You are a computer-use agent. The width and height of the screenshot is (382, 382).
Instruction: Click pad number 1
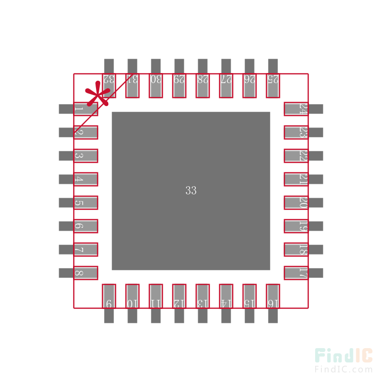click(x=85, y=109)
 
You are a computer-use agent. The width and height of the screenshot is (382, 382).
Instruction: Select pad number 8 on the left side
click(x=85, y=273)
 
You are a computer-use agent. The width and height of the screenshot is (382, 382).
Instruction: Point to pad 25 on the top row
click(x=273, y=85)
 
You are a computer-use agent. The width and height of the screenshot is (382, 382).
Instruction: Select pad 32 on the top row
click(x=109, y=85)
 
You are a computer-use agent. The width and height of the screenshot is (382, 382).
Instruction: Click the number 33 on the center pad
click(x=191, y=191)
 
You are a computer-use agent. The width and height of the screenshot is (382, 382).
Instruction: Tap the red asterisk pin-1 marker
click(x=97, y=94)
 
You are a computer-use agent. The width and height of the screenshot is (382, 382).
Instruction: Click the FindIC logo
click(x=343, y=356)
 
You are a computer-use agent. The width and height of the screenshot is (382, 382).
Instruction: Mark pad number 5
click(x=85, y=202)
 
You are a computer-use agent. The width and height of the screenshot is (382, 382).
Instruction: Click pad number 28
click(x=202, y=85)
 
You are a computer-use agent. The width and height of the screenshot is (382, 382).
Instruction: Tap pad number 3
click(x=85, y=156)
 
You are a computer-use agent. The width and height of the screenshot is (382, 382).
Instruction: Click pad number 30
click(x=156, y=85)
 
